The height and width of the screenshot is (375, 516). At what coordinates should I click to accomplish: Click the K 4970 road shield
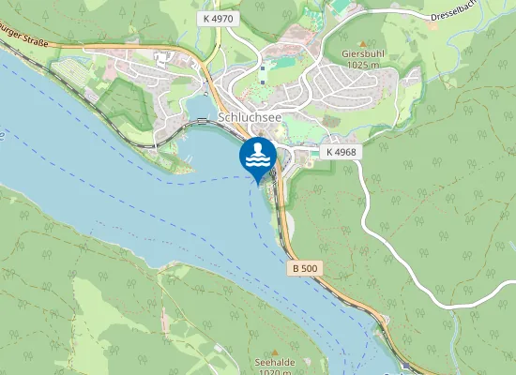coord(218,18)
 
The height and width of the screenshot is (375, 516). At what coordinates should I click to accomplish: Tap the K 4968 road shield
coord(341,152)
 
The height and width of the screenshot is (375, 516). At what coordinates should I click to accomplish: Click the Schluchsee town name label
coord(250,118)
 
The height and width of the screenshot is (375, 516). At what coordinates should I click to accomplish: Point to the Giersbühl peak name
coord(364,54)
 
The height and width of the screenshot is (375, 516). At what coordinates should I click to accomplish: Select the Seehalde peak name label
coord(271,361)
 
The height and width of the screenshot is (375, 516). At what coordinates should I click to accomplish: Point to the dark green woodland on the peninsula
coord(122,103)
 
